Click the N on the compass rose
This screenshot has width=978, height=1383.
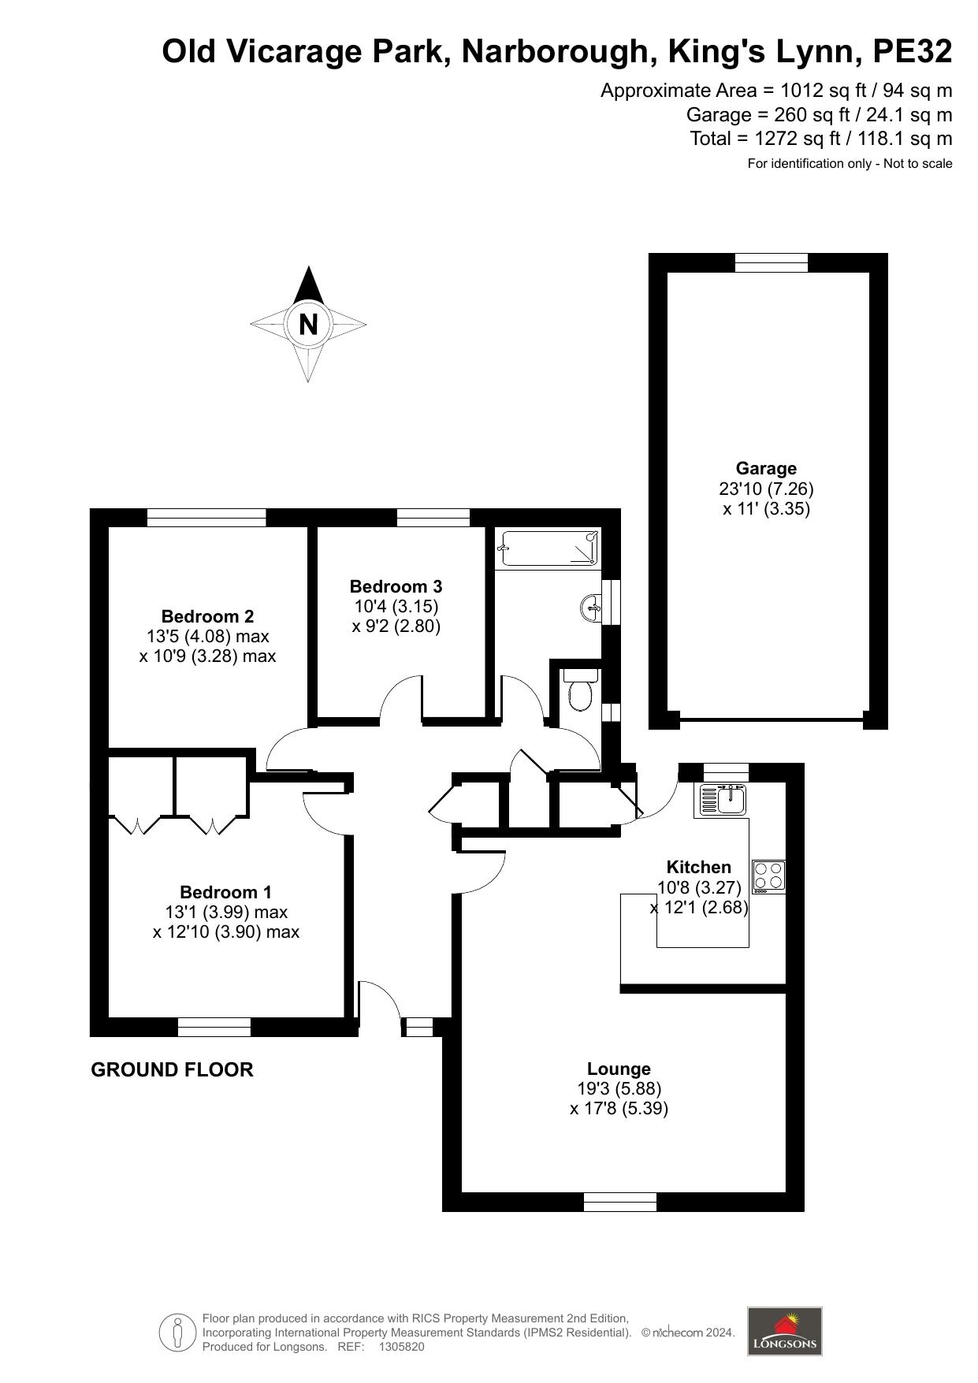pyautogui.click(x=308, y=324)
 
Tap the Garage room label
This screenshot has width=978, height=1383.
pyautogui.click(x=766, y=468)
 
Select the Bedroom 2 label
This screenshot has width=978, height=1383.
pyautogui.click(x=207, y=616)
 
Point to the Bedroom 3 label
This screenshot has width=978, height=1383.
pyautogui.click(x=396, y=586)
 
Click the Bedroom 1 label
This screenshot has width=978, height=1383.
pyautogui.click(x=225, y=892)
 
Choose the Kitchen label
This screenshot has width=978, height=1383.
pyautogui.click(x=699, y=867)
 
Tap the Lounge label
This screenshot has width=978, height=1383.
pyautogui.click(x=619, y=1069)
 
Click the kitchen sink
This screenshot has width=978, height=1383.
pyautogui.click(x=722, y=799)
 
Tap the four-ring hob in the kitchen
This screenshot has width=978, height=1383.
pyautogui.click(x=768, y=876)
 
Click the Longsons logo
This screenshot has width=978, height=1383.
pyautogui.click(x=784, y=1331)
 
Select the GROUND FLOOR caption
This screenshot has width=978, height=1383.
pyautogui.click(x=173, y=1069)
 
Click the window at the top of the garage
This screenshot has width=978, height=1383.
pyautogui.click(x=772, y=263)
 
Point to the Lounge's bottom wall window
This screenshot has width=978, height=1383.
pyautogui.click(x=620, y=1202)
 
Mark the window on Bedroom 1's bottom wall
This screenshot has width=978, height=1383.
pyautogui.click(x=214, y=1027)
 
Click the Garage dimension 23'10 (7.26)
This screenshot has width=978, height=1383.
pyautogui.click(x=766, y=489)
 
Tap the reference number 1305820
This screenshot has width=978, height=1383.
pyautogui.click(x=402, y=1347)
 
